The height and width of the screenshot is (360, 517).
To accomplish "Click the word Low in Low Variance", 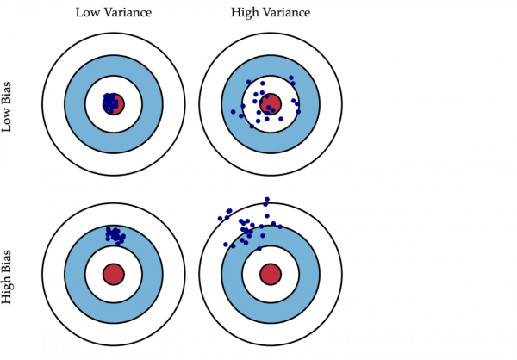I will point(87,14).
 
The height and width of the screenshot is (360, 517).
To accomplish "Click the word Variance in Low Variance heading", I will point(129,14).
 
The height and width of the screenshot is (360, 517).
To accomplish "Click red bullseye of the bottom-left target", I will point(113,275).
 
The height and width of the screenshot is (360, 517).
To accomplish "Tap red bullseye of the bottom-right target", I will point(271,275).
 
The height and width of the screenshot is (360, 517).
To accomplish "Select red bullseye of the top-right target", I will point(271,103).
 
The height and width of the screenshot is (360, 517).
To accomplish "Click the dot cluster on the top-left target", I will point(111,102).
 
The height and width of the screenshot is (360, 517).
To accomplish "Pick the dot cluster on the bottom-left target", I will point(114,234).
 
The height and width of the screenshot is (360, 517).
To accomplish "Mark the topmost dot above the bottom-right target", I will point(267,199).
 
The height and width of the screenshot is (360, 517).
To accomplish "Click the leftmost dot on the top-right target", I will point(233,112).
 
